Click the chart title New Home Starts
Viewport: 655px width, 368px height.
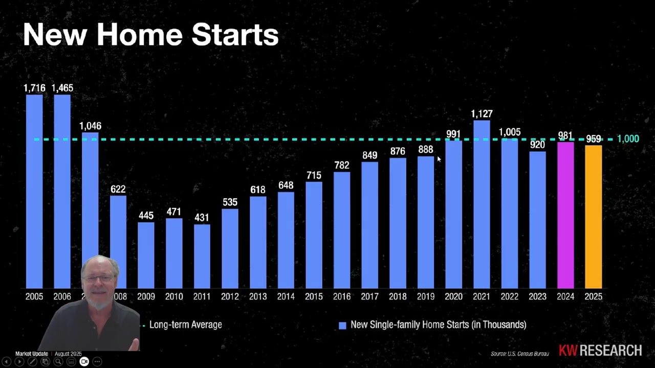150,35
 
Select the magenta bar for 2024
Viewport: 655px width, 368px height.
565,215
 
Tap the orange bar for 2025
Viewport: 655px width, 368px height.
593,217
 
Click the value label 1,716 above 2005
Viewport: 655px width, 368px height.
34,88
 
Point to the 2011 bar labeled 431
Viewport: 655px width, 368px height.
202,256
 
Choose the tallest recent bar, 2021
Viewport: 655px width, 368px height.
482,204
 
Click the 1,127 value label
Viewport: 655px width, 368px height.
482,113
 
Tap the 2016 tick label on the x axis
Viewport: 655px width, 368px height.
342,296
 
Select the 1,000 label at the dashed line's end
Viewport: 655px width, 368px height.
628,139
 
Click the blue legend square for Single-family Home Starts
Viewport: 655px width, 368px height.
342,325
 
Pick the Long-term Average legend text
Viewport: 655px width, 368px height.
185,325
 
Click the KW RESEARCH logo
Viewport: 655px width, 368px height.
600,351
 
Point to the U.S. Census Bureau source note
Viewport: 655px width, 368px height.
519,354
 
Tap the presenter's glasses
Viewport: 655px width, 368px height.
98,279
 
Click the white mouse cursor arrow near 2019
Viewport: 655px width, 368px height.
439,159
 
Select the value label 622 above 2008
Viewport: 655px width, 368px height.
118,189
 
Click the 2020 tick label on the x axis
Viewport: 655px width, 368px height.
453,296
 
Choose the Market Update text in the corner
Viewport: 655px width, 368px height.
32,354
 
